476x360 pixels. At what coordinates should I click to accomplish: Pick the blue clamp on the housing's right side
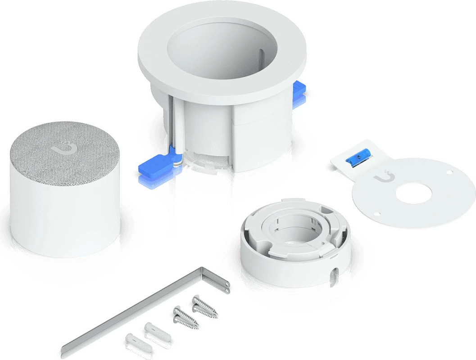(299, 93)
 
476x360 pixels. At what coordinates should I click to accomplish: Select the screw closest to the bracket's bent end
(205, 306)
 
